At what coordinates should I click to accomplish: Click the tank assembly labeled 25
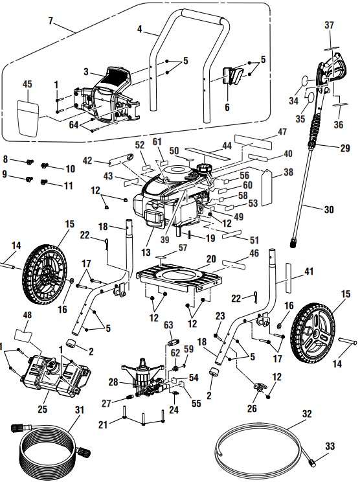(57, 376)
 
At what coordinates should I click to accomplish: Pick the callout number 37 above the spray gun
(330, 25)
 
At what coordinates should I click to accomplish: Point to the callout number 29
(346, 148)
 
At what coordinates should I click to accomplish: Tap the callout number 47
(282, 132)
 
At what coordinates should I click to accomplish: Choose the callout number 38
(287, 173)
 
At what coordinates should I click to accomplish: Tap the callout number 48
(27, 316)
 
